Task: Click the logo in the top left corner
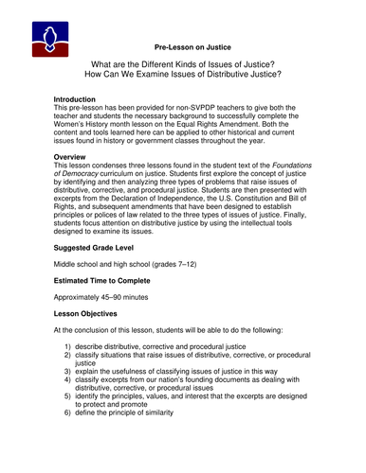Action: tap(47, 36)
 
